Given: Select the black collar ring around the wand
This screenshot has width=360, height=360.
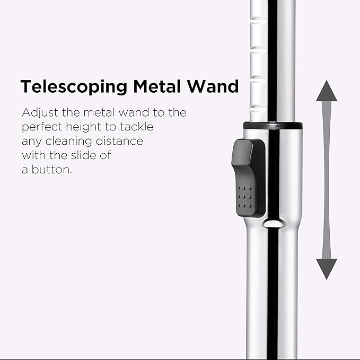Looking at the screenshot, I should coord(273,126).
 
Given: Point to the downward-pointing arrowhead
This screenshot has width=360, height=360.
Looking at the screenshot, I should coord(327,268).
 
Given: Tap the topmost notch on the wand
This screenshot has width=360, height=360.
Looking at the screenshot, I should coord(257,21).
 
